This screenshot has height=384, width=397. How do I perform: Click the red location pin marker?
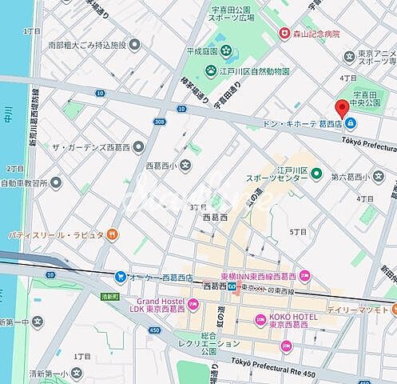[343, 109]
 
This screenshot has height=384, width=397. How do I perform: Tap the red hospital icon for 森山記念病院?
[284, 34]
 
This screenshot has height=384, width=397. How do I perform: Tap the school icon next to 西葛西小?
[185, 166]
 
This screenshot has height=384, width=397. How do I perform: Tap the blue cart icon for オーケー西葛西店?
[120, 277]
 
